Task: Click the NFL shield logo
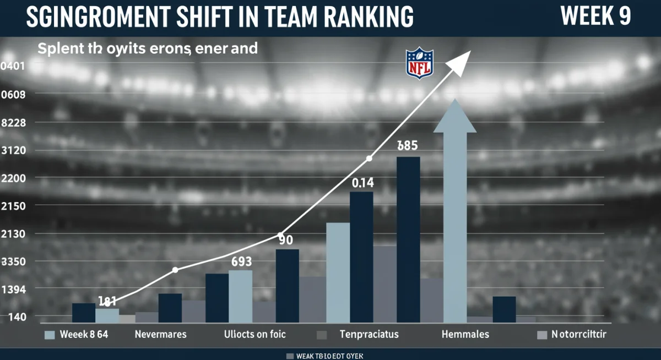[420, 63]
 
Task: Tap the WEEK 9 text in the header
[595, 17]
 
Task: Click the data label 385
[408, 146]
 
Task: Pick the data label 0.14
[363, 182]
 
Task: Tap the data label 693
[241, 262]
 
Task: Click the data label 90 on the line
[285, 241]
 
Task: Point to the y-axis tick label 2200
[14, 178]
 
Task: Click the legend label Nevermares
[160, 334]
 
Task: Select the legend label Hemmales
[465, 334]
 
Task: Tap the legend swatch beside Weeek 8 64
[49, 335]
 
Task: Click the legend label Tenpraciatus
[369, 334]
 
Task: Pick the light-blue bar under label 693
[240, 296]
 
